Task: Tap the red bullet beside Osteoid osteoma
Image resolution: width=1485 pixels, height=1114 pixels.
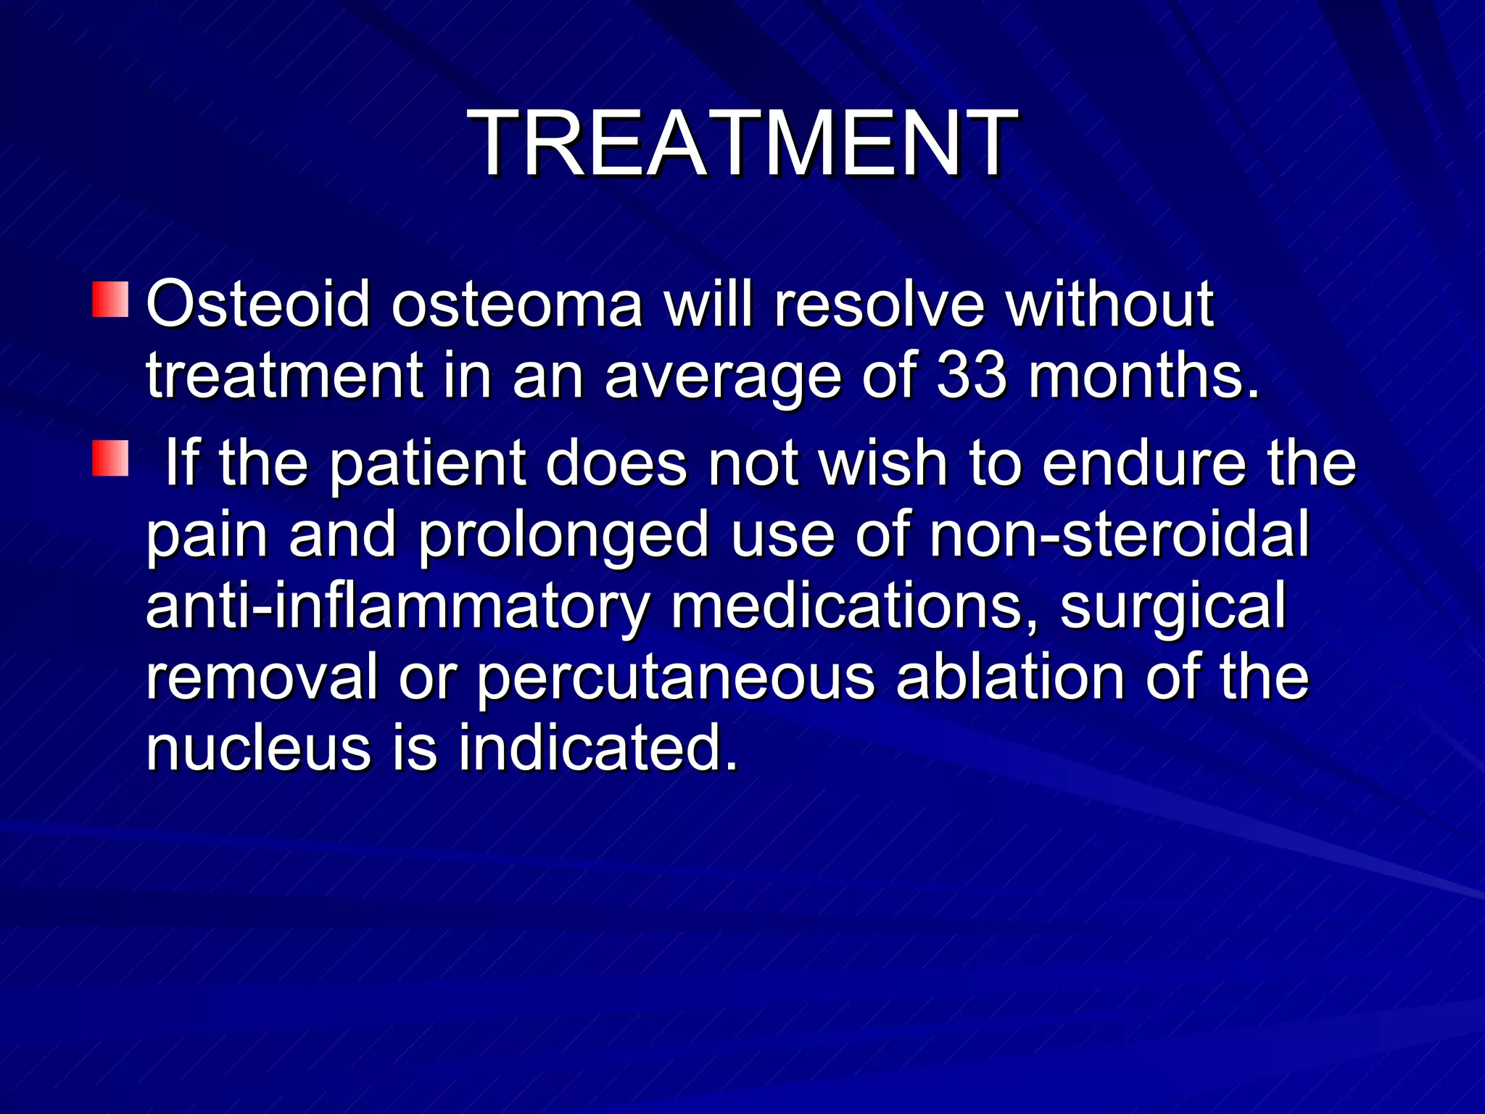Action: pyautogui.click(x=110, y=300)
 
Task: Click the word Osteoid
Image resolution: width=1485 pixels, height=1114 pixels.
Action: pyautogui.click(x=258, y=305)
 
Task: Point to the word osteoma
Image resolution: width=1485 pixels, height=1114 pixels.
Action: pyautogui.click(x=517, y=305)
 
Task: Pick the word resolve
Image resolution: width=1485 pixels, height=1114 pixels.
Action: pyautogui.click(x=879, y=305)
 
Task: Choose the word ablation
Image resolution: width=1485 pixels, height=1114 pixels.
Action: pyautogui.click(x=1010, y=676)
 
